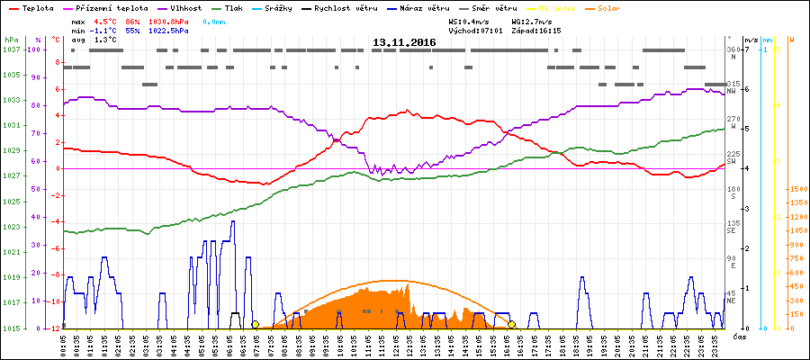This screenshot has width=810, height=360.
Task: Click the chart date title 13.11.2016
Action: tap(404, 42)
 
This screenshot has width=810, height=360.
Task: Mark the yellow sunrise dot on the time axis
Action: tap(255, 324)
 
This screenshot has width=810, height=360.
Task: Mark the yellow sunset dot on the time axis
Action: tap(511, 324)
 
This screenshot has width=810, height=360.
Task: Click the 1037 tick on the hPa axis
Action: tap(11, 49)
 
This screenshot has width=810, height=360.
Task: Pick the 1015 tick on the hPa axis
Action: tap(11, 328)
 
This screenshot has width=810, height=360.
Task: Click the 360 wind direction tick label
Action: tap(733, 49)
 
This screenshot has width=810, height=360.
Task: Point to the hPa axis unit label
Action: tap(11, 40)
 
